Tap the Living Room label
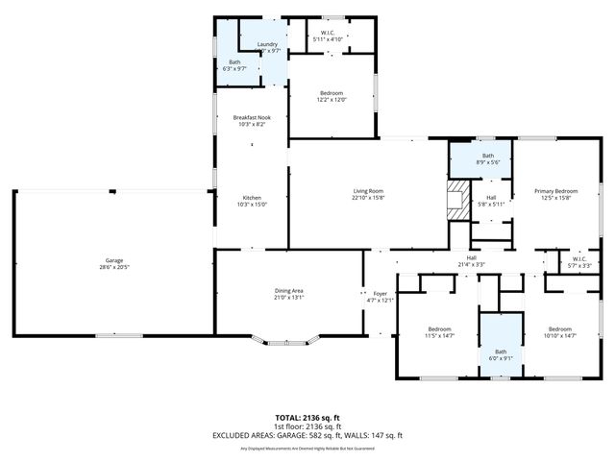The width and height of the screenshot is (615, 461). (x=368, y=191)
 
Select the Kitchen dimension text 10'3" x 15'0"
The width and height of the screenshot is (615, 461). (x=251, y=204)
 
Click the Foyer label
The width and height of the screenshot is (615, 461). (x=381, y=294)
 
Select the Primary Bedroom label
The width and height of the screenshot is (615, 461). (x=556, y=191)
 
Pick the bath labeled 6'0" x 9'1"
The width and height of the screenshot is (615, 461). (x=501, y=352)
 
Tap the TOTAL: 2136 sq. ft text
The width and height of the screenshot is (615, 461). (x=307, y=417)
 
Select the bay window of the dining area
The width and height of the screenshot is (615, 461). (x=288, y=340)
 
